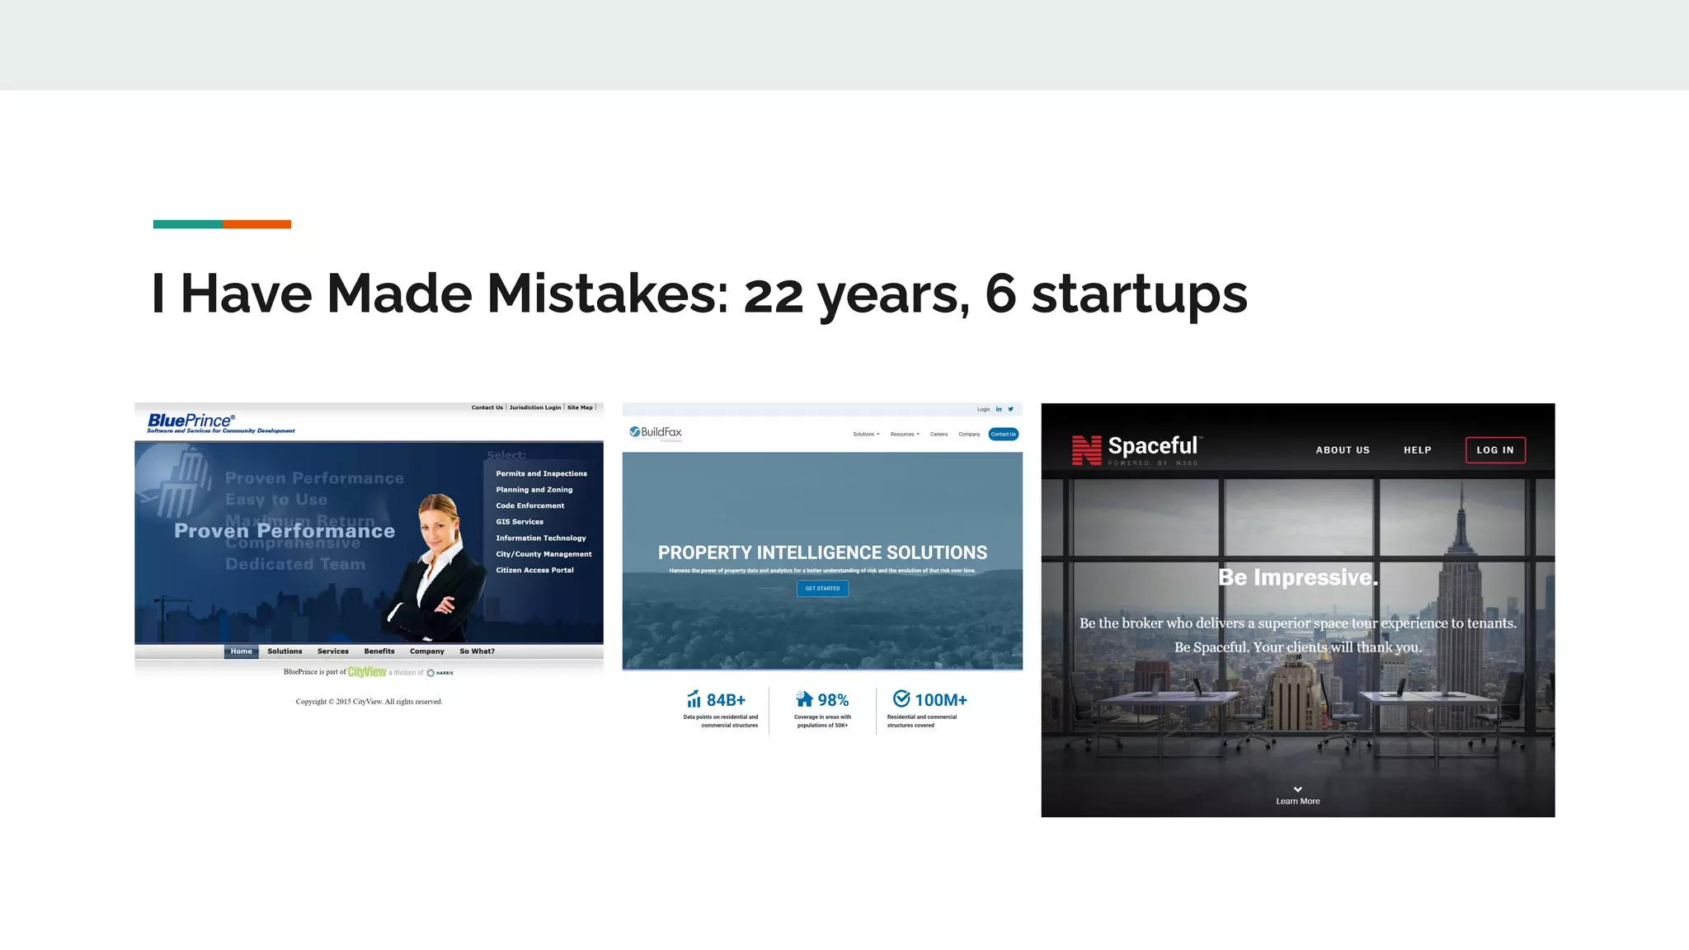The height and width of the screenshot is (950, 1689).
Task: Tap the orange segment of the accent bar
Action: (256, 224)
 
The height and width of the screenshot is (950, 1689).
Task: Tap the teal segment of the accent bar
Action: (187, 224)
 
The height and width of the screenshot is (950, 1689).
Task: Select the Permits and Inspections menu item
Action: (541, 474)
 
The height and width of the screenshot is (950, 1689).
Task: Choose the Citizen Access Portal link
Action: (534, 571)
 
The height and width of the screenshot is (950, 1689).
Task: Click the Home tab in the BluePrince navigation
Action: (241, 651)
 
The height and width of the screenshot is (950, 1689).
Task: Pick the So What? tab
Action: (477, 651)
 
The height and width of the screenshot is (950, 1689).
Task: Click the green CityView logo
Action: (367, 672)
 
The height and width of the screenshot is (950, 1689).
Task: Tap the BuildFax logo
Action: (656, 432)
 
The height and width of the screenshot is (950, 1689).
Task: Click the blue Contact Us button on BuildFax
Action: (1003, 435)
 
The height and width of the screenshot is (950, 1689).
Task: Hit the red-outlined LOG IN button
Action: (1494, 450)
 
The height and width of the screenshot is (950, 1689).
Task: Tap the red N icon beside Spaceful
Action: (1086, 450)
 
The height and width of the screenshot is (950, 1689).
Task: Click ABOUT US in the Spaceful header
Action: (1342, 450)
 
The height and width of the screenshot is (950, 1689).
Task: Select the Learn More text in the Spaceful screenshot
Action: (1297, 802)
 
